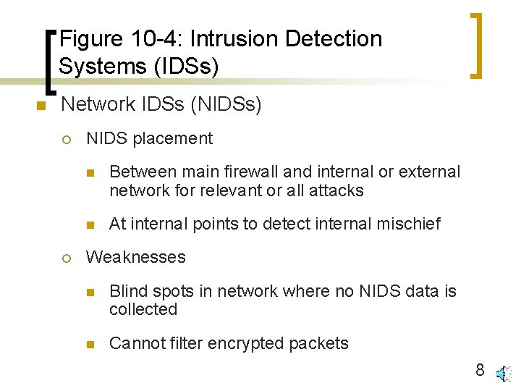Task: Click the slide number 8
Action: (480, 371)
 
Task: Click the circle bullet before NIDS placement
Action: (65, 139)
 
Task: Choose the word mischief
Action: (412, 224)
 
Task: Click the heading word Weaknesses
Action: (136, 257)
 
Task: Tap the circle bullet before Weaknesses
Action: (65, 258)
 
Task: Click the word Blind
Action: (126, 291)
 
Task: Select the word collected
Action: (143, 309)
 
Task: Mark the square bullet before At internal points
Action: (90, 225)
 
